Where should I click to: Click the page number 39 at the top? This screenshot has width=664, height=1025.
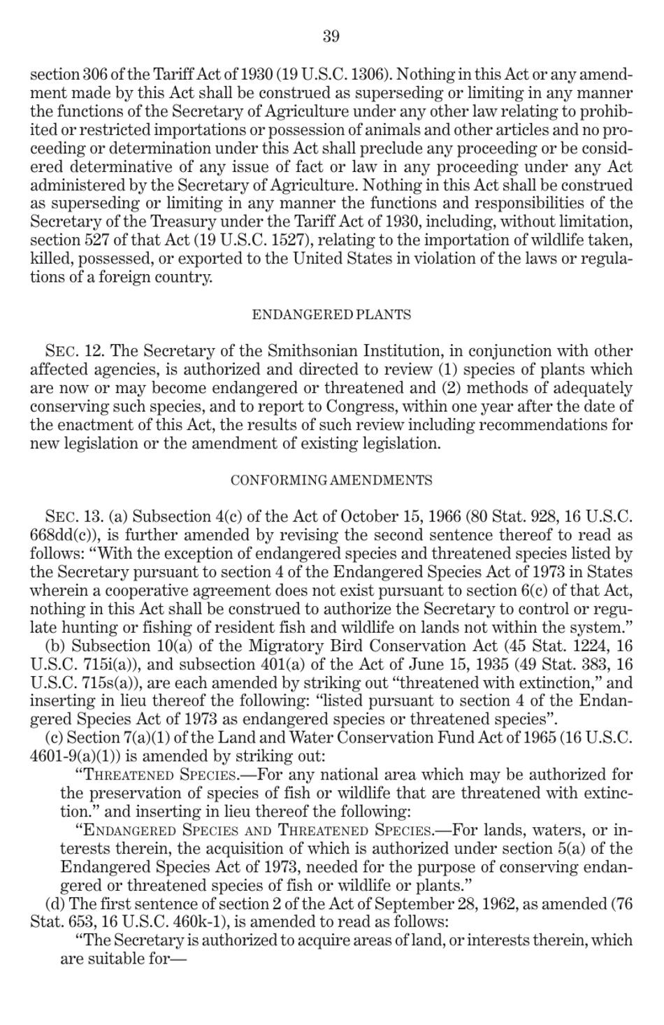tap(331, 36)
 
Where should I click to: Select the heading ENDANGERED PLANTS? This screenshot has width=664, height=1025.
tap(331, 315)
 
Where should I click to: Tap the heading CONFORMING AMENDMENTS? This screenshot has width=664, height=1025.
tap(331, 480)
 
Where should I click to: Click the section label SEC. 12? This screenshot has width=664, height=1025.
tap(75, 351)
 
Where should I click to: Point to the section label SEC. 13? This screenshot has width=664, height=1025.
tap(75, 517)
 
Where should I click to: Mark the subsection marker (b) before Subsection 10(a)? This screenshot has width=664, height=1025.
tap(56, 645)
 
